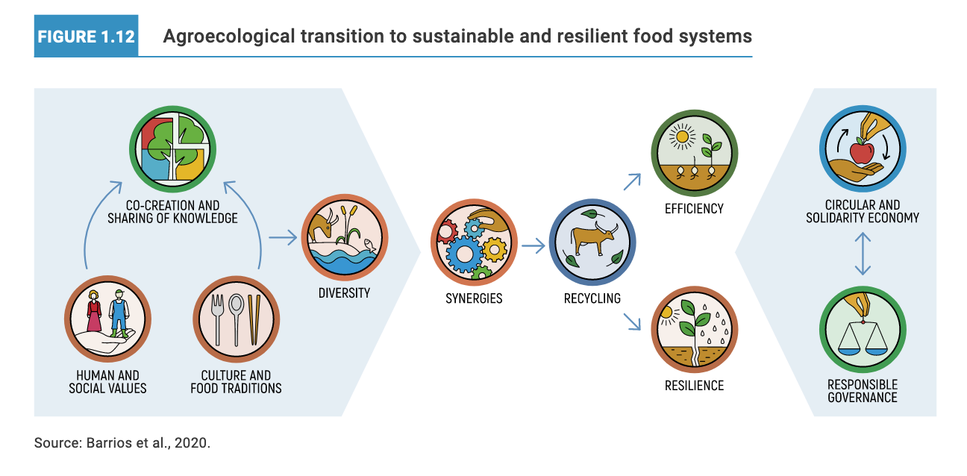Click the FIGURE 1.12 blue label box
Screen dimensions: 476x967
coord(86,35)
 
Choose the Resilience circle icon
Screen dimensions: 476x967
coord(694,333)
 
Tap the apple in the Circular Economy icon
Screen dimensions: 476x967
coord(862,152)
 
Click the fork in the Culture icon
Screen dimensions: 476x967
coord(219,319)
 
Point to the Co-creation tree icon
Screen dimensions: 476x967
coord(173,149)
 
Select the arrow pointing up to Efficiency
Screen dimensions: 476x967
coord(633,181)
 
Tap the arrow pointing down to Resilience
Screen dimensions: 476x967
coord(633,321)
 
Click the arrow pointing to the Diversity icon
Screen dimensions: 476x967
coord(282,238)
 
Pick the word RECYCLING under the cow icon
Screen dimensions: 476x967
coord(592,298)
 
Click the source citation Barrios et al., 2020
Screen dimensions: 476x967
coord(122,443)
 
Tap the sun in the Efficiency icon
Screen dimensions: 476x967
coord(680,138)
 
